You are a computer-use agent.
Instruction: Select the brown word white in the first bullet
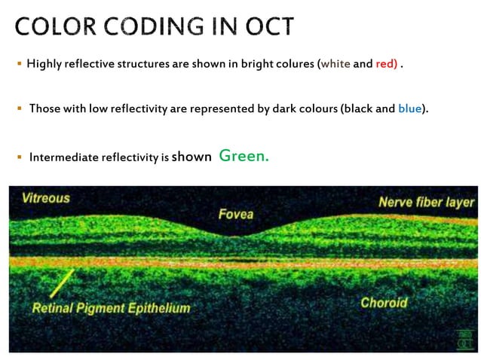tap(335, 64)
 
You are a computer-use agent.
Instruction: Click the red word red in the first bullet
tap(386, 64)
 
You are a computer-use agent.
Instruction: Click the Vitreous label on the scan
tap(45, 198)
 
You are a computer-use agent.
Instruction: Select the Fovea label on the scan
tap(235, 215)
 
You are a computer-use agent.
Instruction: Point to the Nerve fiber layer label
tap(426, 202)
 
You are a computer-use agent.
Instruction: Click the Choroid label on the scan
tap(384, 303)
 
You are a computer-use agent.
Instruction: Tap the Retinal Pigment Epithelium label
tap(111, 308)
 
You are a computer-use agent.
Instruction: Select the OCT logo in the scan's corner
tap(464, 339)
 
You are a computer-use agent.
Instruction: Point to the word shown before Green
tap(191, 157)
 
